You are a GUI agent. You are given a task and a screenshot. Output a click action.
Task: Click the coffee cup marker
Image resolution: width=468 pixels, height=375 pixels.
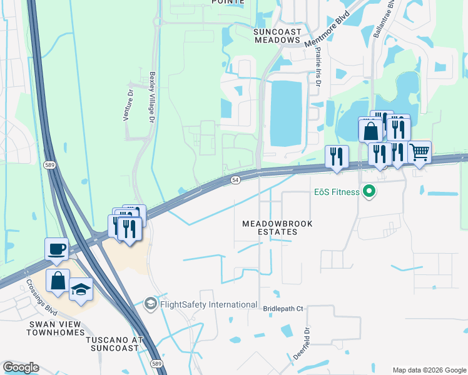click(57, 248)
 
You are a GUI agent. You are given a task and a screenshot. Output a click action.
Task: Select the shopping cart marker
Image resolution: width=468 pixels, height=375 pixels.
click(419, 151)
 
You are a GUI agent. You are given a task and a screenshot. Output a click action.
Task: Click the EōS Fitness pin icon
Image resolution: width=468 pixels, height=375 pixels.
click(369, 192)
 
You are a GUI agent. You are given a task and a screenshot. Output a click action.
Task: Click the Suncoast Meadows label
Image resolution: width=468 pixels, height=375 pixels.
click(277, 35)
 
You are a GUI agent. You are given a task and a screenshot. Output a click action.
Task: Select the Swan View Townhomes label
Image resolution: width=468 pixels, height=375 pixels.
click(56, 328)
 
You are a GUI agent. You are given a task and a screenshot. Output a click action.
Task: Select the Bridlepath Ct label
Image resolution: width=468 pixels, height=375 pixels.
click(283, 309)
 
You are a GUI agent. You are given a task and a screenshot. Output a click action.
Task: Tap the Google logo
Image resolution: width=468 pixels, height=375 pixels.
click(21, 367)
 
